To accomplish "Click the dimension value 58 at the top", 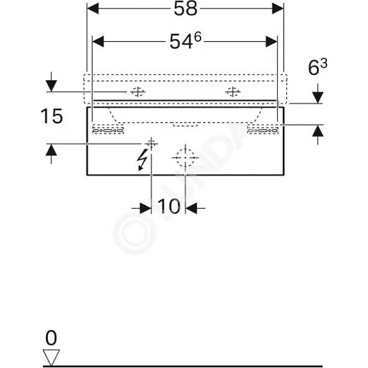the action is [x=186, y=9].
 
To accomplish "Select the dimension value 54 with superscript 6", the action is [x=186, y=41].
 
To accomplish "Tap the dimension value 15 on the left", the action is [x=52, y=116].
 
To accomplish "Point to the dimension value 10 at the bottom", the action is [x=169, y=206].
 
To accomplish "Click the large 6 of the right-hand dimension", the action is [x=313, y=68].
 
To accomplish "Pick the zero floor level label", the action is [x=51, y=337].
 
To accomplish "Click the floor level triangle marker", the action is [x=51, y=357].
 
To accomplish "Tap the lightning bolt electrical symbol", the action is [x=142, y=159].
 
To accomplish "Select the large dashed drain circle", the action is [x=186, y=158].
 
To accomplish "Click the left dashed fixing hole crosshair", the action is [x=138, y=92].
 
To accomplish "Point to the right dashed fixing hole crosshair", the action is [x=233, y=92].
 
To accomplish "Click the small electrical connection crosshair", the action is [x=151, y=143].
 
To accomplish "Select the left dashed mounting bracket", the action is [x=108, y=130].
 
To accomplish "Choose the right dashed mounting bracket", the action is [x=263, y=130].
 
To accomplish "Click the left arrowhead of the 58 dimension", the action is [x=93, y=9].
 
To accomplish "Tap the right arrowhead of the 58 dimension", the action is [x=278, y=9].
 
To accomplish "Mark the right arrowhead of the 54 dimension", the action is [x=271, y=42].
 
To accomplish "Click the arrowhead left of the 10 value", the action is [x=146, y=208].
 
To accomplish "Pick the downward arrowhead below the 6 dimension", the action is [x=318, y=98].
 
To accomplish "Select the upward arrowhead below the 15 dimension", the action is [x=52, y=149].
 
